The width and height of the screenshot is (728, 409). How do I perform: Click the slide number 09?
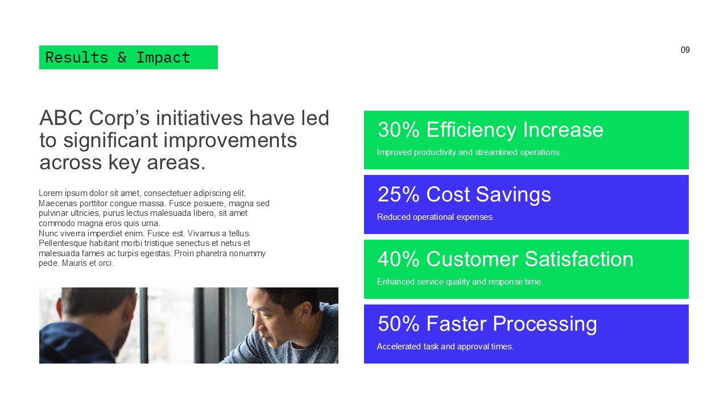[x=685, y=50]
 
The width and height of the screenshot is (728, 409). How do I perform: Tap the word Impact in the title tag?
[x=163, y=57]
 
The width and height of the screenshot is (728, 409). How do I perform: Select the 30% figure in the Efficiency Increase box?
[x=398, y=130]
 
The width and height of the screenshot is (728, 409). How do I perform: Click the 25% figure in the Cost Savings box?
[x=398, y=195]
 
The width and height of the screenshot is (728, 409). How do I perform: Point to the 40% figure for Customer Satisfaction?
[x=398, y=260]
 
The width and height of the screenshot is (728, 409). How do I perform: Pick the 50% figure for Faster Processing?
[x=398, y=324]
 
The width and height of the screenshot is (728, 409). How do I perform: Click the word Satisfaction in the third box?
[x=578, y=260]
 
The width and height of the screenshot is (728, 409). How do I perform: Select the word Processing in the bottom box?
[x=541, y=324]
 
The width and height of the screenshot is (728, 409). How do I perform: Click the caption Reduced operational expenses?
[x=435, y=217]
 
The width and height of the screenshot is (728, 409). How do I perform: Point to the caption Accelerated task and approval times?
[x=445, y=347]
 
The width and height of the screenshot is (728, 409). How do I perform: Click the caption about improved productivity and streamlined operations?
[x=469, y=152]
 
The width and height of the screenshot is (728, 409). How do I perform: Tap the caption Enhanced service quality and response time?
[x=460, y=282]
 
